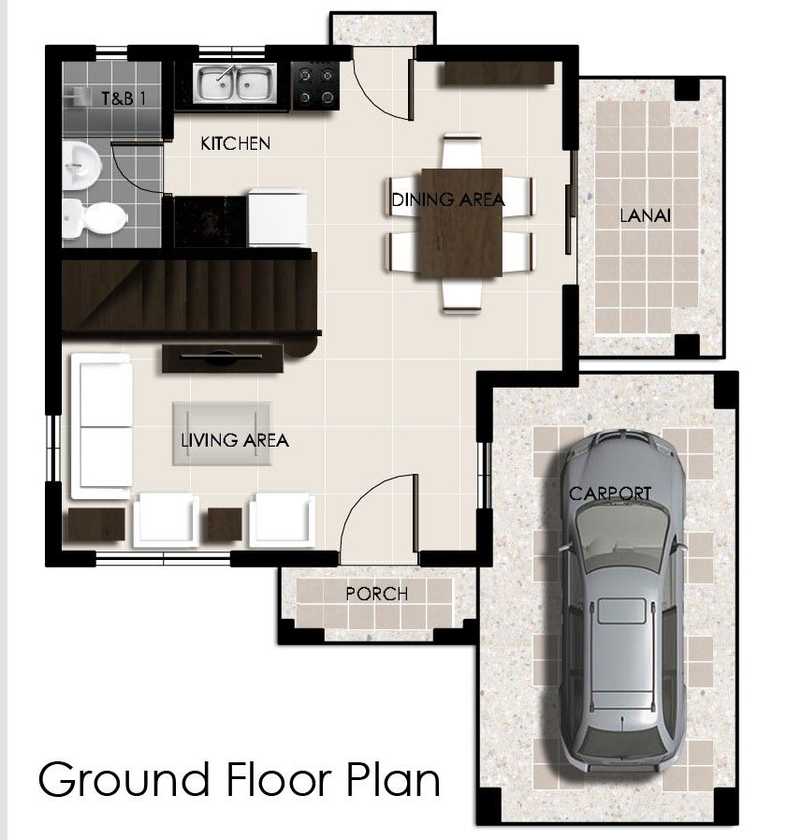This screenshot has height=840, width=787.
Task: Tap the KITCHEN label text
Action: [x=236, y=143]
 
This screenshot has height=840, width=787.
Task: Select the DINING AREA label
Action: [x=448, y=199]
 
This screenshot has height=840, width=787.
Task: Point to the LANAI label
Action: [x=647, y=216]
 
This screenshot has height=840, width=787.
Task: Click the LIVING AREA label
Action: [x=235, y=439]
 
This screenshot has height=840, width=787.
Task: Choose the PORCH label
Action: [x=376, y=593]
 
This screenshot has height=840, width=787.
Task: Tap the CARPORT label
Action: [x=610, y=493]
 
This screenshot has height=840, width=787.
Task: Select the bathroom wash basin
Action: [x=81, y=165]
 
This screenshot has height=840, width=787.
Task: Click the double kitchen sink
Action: [x=235, y=84]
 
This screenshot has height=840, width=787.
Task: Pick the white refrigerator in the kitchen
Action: [x=277, y=217]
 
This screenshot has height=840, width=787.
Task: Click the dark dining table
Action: [x=461, y=222]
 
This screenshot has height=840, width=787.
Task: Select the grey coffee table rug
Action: [x=223, y=432]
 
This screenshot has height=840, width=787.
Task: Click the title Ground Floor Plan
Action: [x=239, y=779]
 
